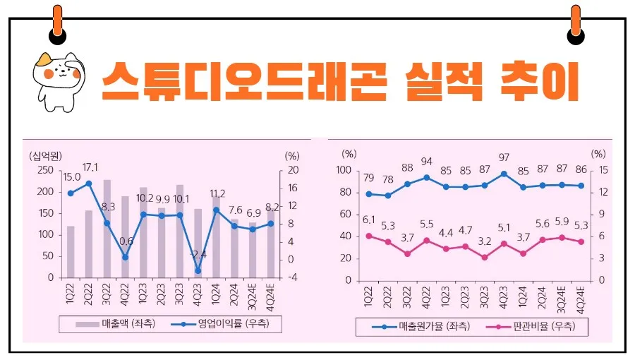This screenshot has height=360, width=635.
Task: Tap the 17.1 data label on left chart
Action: point(90,167)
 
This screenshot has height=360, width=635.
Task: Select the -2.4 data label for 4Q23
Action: point(198,254)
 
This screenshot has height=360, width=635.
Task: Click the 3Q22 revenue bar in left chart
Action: point(107,228)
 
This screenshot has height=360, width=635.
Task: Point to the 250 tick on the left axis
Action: point(44,170)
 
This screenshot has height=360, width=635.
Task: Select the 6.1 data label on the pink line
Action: point(369,220)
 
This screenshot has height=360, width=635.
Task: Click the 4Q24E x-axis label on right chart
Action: point(581,296)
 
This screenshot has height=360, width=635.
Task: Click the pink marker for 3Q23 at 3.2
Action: point(484,257)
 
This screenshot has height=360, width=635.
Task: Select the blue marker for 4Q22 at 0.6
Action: point(126,257)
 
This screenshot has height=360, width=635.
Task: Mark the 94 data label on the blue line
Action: point(426,162)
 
